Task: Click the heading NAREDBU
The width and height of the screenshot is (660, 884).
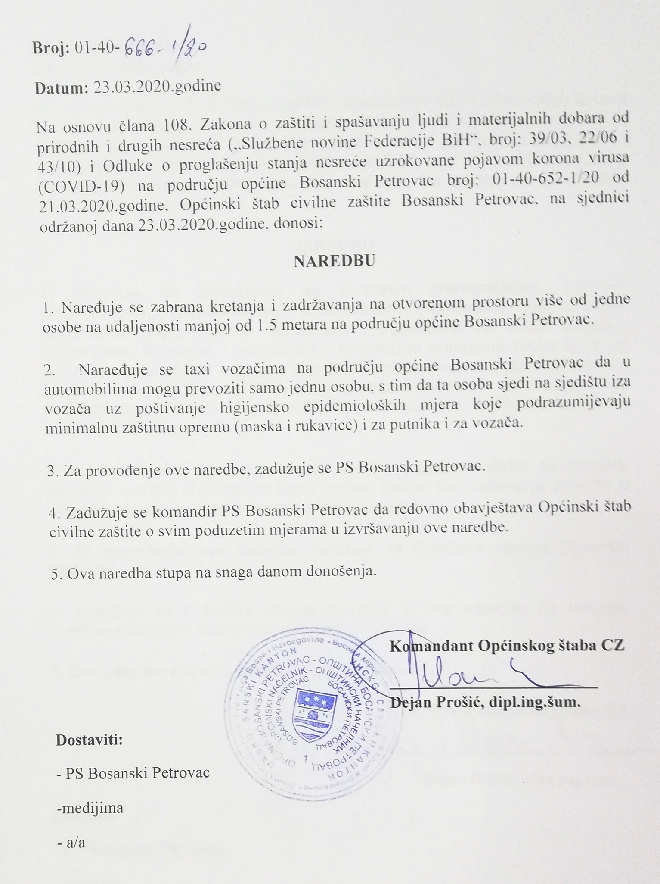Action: pos(334,261)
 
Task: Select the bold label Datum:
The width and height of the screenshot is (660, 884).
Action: pos(62,87)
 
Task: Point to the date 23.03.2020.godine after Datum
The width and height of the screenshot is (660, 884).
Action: pos(157,86)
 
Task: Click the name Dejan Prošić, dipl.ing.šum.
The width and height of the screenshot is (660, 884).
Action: pos(485,703)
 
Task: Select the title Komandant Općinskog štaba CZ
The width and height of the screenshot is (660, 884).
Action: pos(507,646)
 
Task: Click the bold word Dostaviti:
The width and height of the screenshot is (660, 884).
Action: pos(90,740)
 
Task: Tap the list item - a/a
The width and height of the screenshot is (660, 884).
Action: pos(71,842)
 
